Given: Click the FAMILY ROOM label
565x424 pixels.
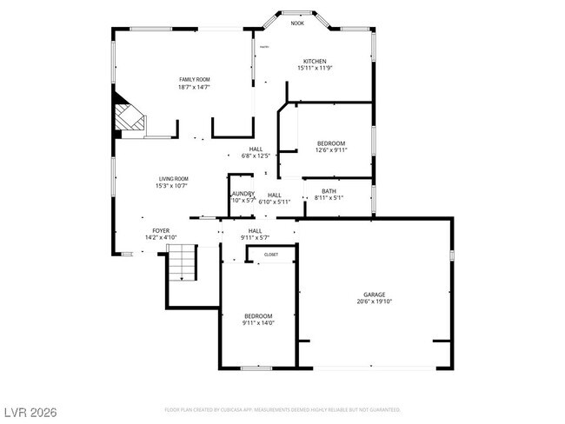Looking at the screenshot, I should click(x=195, y=79).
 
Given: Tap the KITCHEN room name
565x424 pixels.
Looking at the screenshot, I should click(x=315, y=61).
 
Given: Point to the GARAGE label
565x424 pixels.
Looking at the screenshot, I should click(x=375, y=295).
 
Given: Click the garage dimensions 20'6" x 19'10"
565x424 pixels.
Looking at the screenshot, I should click(x=375, y=302).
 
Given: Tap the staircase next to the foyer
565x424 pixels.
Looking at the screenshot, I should click(x=183, y=262).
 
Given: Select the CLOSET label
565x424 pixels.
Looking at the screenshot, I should click(x=271, y=255).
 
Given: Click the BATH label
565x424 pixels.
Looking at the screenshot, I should click(x=329, y=191).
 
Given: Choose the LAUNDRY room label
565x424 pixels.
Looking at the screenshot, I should click(x=243, y=193).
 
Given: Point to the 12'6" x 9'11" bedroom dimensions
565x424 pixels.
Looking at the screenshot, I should click(x=330, y=150).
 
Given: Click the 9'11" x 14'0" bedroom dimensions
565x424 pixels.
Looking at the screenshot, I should click(x=258, y=323).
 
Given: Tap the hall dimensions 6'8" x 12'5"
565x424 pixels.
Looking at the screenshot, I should click(x=256, y=156).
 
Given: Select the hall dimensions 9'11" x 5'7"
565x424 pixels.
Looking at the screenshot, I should click(x=256, y=237).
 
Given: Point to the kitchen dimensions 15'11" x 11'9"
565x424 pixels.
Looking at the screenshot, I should click(x=315, y=69).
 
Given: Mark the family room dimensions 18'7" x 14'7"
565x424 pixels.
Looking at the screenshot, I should click(x=195, y=87).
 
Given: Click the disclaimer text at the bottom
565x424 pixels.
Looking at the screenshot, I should click(x=282, y=408).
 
